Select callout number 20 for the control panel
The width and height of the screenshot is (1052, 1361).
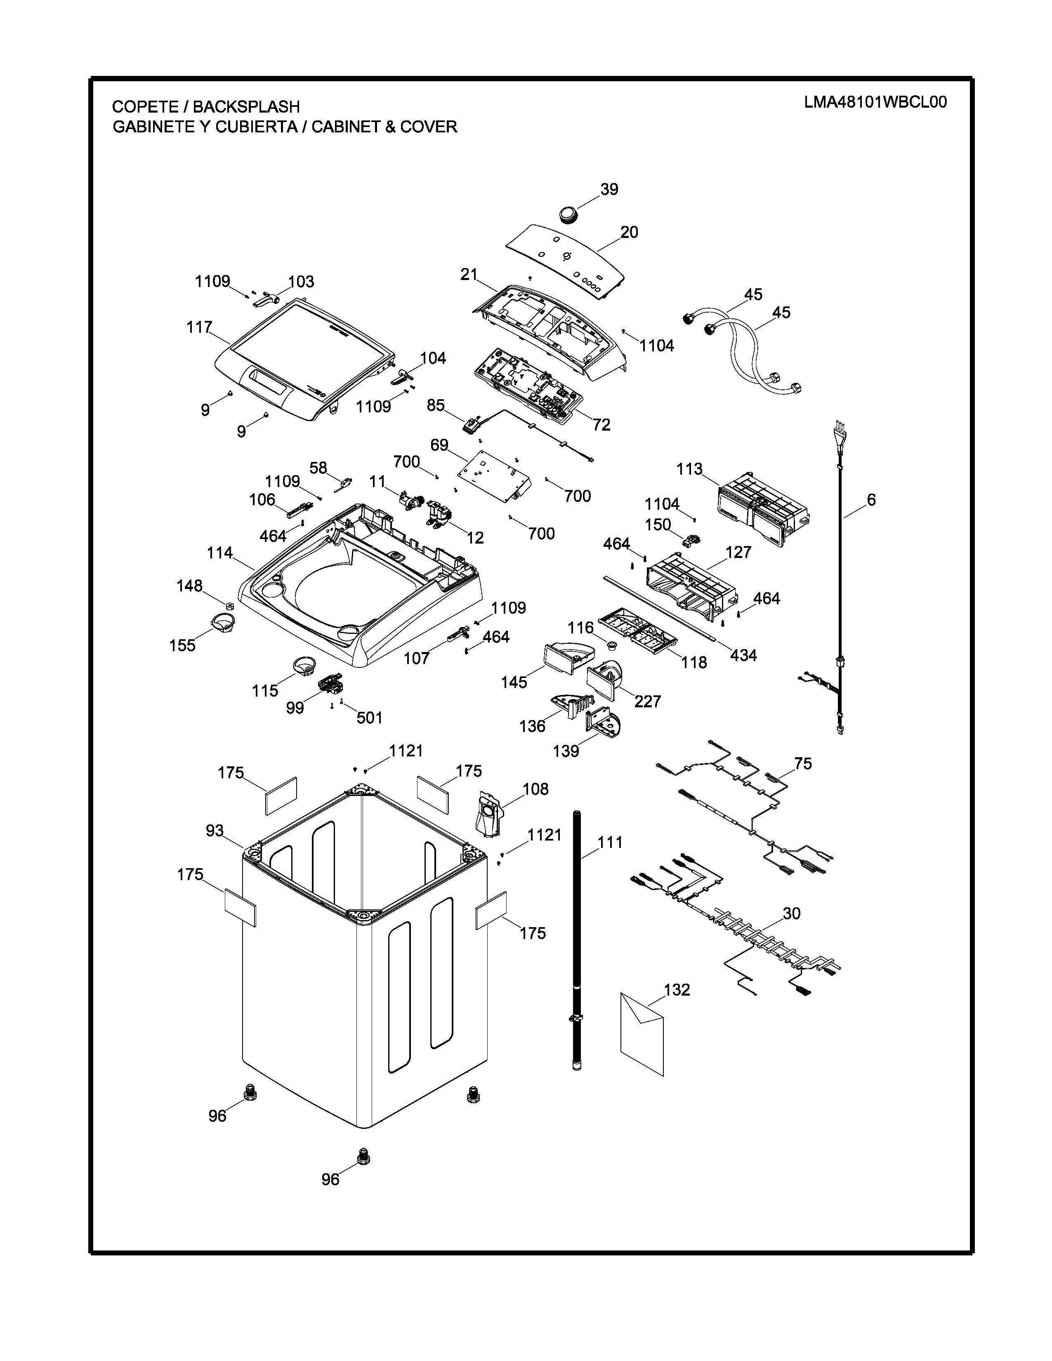click(x=629, y=233)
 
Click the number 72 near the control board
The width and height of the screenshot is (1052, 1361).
click(x=601, y=425)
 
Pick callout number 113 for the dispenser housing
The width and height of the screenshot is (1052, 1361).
click(x=689, y=469)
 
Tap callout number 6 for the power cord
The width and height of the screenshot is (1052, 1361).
click(x=870, y=500)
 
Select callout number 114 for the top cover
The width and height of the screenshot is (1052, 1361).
click(x=220, y=553)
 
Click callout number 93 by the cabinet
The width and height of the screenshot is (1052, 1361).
click(x=215, y=831)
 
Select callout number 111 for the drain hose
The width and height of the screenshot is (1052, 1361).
click(x=610, y=843)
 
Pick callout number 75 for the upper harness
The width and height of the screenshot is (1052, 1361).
click(x=803, y=764)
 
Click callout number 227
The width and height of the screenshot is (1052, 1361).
click(x=648, y=702)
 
